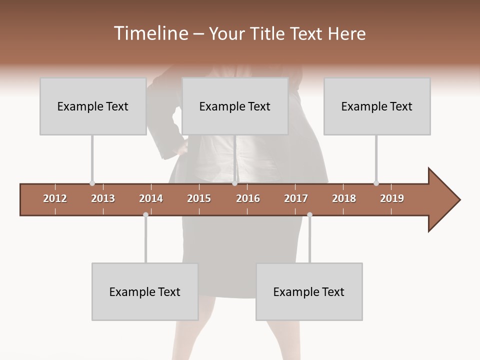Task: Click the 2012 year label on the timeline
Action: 55,198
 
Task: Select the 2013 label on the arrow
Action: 103,198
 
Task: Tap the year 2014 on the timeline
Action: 151,198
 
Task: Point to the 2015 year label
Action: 199,198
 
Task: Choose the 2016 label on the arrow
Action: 248,198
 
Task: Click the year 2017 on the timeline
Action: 296,198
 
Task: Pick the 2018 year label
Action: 344,198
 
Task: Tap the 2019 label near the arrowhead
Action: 392,198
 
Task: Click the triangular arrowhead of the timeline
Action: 442,200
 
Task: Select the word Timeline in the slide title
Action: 149,33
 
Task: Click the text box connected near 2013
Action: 92,106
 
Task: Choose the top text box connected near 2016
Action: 234,106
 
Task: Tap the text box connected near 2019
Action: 376,106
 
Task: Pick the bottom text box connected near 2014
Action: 145,291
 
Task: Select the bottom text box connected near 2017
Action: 309,291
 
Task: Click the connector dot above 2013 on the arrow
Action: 92,183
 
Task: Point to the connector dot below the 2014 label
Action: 145,215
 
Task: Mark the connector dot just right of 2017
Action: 309,215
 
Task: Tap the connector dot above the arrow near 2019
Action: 376,183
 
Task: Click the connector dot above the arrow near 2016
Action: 234,183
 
